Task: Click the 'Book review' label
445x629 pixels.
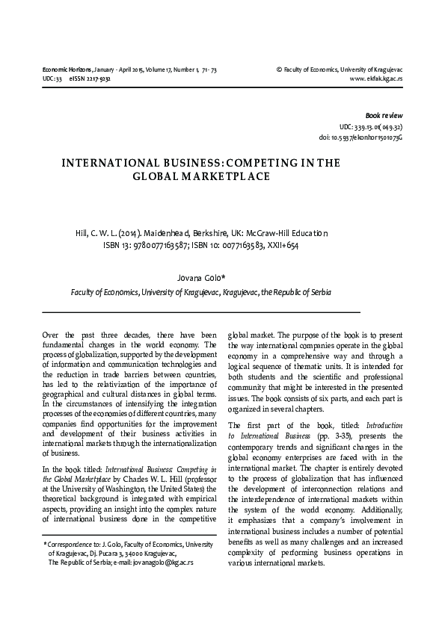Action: pyautogui.click(x=383, y=116)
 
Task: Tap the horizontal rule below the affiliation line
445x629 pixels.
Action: pyautogui.click(x=201, y=309)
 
